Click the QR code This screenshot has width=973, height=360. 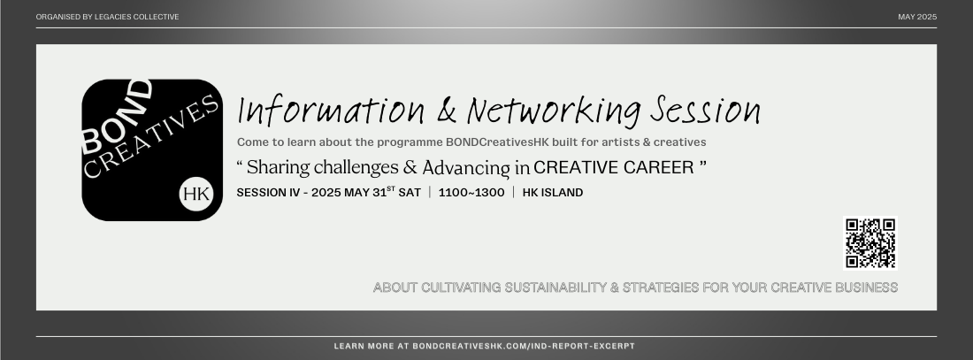tap(870, 242)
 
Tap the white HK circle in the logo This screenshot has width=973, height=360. tap(196, 194)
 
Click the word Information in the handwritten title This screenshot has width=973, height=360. tap(332, 111)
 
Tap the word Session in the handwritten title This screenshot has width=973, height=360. tap(705, 110)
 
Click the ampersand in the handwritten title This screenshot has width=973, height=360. tap(446, 111)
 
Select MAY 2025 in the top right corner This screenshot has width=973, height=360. tap(917, 17)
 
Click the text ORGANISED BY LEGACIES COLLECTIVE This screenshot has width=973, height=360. tap(107, 17)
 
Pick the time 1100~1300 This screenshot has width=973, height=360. tap(471, 193)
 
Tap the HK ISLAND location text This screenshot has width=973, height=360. tap(553, 193)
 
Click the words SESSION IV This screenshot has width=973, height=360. tap(268, 193)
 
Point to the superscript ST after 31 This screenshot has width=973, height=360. tap(391, 188)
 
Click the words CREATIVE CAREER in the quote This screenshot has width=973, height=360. tap(614, 167)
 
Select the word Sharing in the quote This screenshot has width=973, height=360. tap(279, 167)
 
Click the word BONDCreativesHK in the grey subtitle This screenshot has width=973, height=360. tap(497, 142)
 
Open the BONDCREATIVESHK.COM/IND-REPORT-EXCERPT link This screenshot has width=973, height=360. tap(524, 346)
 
